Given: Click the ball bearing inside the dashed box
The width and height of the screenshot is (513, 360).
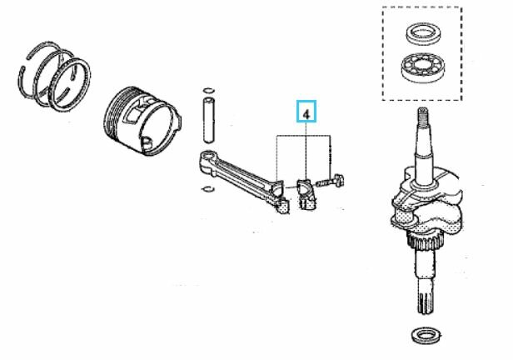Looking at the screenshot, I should pyautogui.click(x=424, y=67).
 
